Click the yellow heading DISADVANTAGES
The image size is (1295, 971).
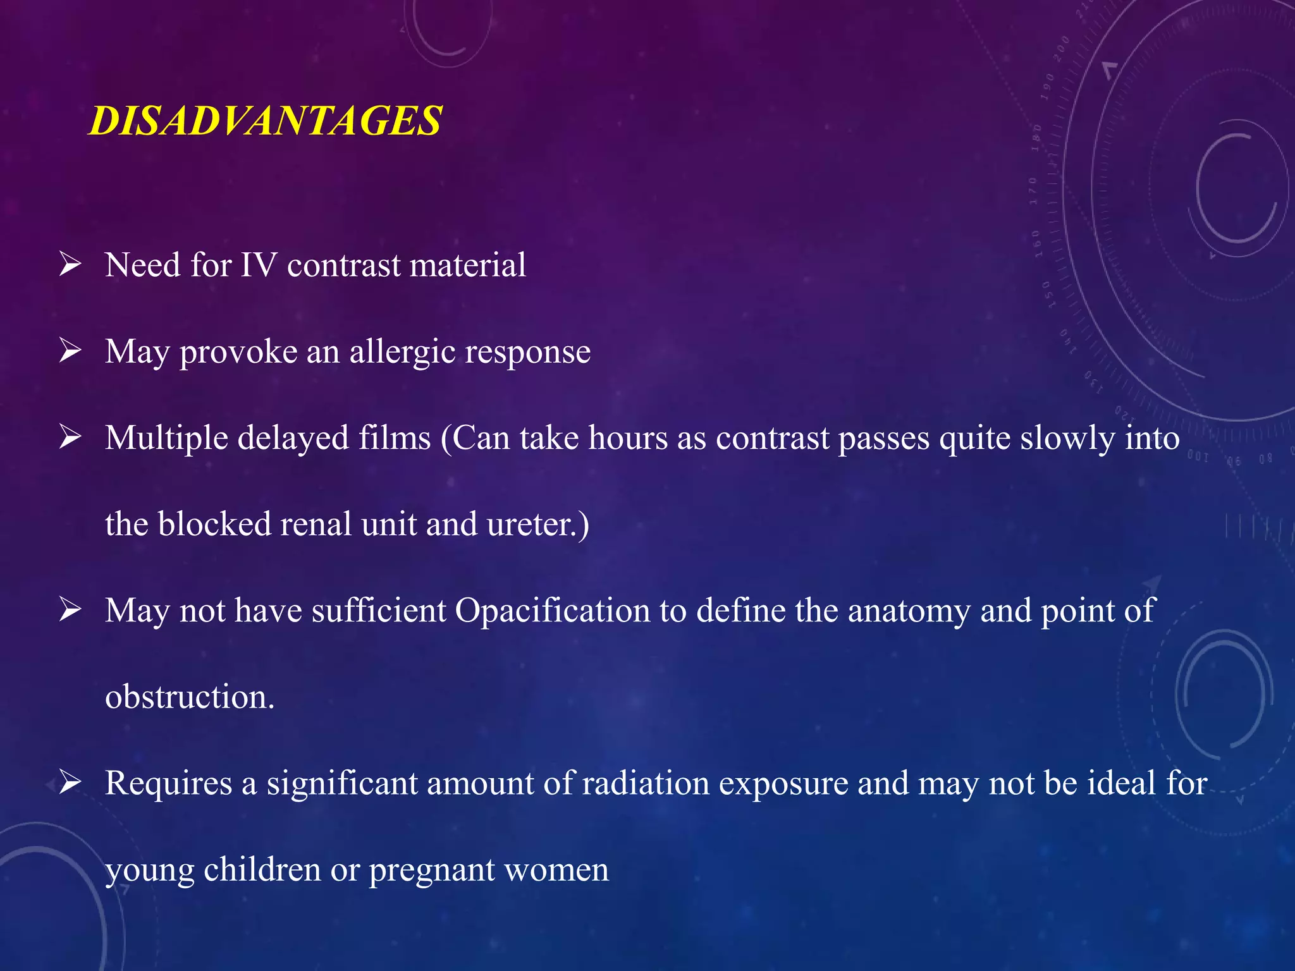[x=265, y=120]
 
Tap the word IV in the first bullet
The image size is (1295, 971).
[x=259, y=265]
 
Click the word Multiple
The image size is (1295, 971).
[x=166, y=438]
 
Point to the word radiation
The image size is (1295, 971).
[x=646, y=783]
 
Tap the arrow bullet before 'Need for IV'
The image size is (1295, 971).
[x=70, y=264]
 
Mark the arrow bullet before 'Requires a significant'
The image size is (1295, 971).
[x=70, y=783]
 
